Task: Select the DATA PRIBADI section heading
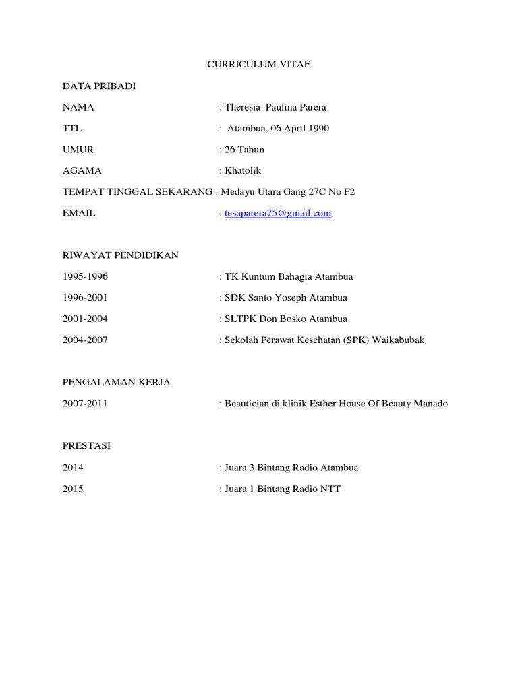103,86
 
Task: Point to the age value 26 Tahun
244,150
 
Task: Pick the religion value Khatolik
242,170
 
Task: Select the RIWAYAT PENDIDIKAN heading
120,255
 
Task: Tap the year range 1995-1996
85,276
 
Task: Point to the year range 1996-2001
85,297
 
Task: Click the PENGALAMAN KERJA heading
116,382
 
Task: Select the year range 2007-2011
85,404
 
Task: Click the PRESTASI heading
86,446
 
